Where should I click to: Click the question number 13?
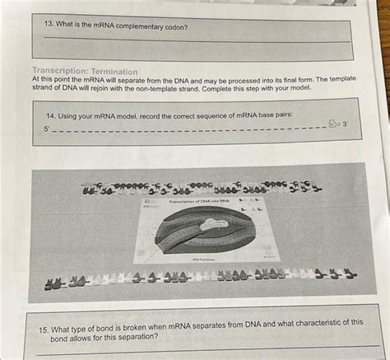coord(50,27)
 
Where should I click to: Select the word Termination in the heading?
coord(114,72)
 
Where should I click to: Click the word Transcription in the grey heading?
coord(61,72)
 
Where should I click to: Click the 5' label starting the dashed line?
coord(46,129)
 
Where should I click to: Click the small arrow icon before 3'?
coord(332,124)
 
